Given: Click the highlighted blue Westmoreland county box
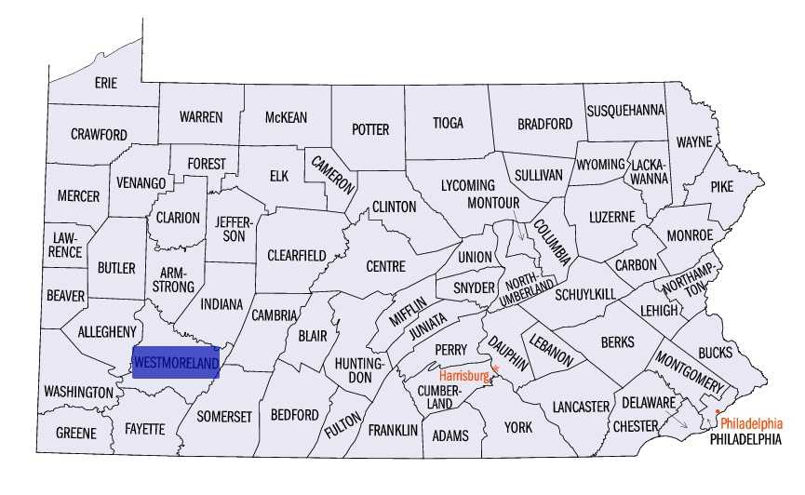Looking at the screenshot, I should (x=176, y=361).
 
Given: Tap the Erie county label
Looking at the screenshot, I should (x=106, y=83).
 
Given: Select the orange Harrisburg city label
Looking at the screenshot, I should (x=464, y=376).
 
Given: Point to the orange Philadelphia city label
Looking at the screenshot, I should (x=758, y=421).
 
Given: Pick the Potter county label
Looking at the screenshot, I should (x=369, y=129).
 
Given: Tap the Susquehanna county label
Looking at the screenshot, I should (x=625, y=110).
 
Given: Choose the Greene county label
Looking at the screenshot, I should (x=75, y=434).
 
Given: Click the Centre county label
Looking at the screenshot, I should (x=385, y=266).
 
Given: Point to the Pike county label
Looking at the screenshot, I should (x=721, y=186).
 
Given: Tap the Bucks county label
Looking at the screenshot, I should (x=715, y=353).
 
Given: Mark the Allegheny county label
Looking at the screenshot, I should (x=107, y=331).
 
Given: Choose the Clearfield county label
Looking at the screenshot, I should (x=296, y=255).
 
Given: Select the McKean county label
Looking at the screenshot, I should (x=286, y=117).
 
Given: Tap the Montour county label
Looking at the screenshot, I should (x=492, y=202).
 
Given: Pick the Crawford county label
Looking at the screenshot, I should (x=99, y=134).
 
